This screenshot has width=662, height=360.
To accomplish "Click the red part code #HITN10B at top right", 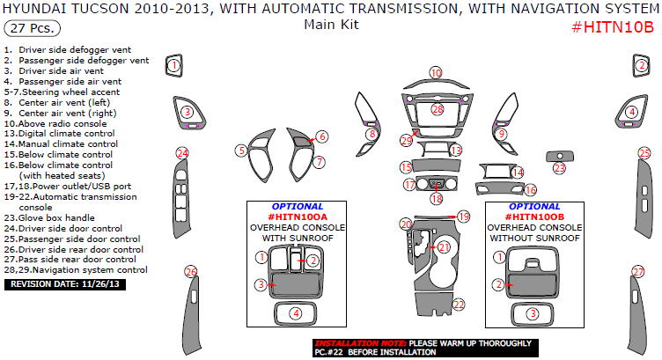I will pos(610,27).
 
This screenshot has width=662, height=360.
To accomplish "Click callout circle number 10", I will pos(436,72).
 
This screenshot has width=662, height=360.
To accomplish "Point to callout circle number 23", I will pos(560,167).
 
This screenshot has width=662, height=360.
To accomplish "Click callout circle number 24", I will pos(182,153).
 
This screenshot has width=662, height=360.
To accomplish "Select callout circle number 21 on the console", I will pos(444,247).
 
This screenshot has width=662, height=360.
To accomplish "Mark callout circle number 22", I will pos(458,304).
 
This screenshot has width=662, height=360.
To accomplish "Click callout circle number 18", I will pos(437,199).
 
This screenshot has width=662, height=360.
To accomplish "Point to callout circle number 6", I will pos(322,136).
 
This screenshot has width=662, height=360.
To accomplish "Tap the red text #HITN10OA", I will pos(298,217).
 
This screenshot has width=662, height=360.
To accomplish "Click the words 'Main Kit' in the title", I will pos(331,25).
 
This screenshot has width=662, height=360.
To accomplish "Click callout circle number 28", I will pos(438,109).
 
